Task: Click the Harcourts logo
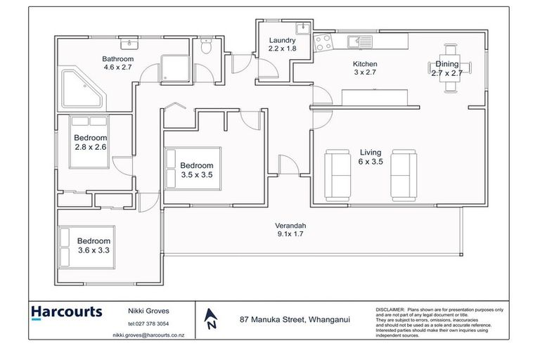coord(67,311)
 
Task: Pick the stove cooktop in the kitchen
coord(325,42)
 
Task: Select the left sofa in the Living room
coord(337,172)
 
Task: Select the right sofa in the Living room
coord(404,172)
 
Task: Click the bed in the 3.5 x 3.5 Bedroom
coord(193,167)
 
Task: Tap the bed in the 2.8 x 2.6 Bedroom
coord(89,142)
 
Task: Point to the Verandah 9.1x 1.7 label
coord(290,231)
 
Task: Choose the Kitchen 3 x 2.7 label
coord(364,67)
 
